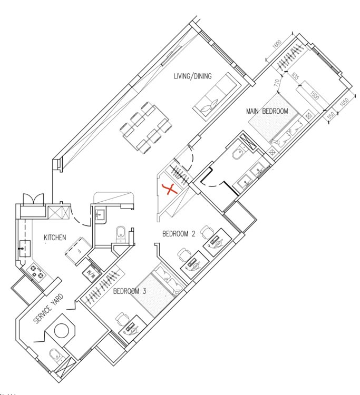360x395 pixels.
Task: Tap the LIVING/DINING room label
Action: click(x=192, y=76)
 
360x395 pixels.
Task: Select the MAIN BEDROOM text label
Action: click(x=267, y=111)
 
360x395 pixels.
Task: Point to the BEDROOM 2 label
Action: click(x=179, y=234)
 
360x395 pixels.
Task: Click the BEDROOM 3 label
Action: click(x=130, y=291)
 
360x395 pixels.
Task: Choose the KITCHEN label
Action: click(x=55, y=238)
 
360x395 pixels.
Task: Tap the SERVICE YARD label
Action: click(x=48, y=309)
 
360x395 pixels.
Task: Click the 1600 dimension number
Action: click(x=277, y=45)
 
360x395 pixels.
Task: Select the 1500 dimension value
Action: click(x=314, y=96)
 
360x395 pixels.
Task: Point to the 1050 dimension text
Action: click(x=344, y=102)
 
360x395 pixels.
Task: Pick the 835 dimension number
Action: click(x=295, y=76)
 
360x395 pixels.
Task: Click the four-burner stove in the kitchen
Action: click(x=37, y=272)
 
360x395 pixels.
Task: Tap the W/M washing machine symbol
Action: click(x=89, y=273)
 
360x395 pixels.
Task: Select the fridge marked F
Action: click(x=78, y=251)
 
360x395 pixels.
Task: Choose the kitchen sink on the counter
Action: click(x=25, y=249)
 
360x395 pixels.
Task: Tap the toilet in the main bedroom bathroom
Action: click(x=238, y=153)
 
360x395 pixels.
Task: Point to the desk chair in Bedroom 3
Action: click(x=122, y=318)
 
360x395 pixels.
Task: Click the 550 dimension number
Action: click(x=331, y=115)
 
